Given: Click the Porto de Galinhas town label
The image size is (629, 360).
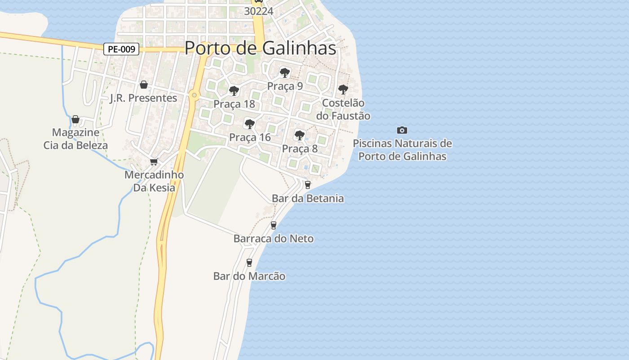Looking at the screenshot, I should tap(260, 48).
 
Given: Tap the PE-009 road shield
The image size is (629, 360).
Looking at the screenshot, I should tap(121, 49).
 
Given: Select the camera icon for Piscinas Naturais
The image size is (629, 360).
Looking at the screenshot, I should tap(402, 130).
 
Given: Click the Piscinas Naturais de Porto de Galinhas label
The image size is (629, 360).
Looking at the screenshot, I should tap(402, 150).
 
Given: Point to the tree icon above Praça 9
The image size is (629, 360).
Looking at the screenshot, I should tap(284, 72).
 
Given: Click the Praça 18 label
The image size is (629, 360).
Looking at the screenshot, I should tap(234, 104).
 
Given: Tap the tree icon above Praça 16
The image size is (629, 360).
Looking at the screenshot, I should tap(249, 124).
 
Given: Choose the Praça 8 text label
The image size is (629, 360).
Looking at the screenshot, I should tap(300, 148).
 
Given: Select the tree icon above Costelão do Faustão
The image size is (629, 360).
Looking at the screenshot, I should tap(343, 89).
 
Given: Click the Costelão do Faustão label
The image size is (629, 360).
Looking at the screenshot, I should tap(343, 109).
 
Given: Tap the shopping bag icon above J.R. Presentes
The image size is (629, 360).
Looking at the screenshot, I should tap(144, 85).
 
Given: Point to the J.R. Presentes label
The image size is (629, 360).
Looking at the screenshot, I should tap(143, 98).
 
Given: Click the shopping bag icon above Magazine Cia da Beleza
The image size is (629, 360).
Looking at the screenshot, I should tap(75, 119).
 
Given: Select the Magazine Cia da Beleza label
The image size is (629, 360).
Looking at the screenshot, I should tap(75, 139).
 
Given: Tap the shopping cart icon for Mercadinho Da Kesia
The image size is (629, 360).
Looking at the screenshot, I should tap(154, 162).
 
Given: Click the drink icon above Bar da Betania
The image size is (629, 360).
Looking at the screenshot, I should tap(308, 184).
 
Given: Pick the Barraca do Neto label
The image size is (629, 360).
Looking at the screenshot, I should tap(274, 238).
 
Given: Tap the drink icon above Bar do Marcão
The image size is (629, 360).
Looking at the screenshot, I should tap(249, 262).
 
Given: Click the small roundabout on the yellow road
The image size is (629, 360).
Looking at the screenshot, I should tap(194, 95).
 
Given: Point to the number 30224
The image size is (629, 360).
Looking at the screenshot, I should tap(258, 11).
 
